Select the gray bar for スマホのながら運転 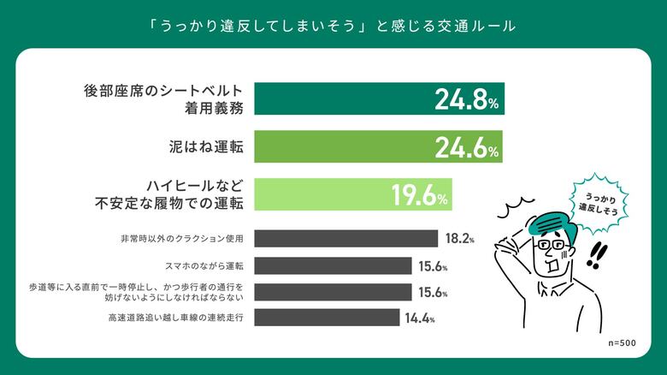tap(333, 265)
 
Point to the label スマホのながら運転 tap(197, 265)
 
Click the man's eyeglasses tap(548, 248)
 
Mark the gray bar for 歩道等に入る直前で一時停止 tap(333, 292)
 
